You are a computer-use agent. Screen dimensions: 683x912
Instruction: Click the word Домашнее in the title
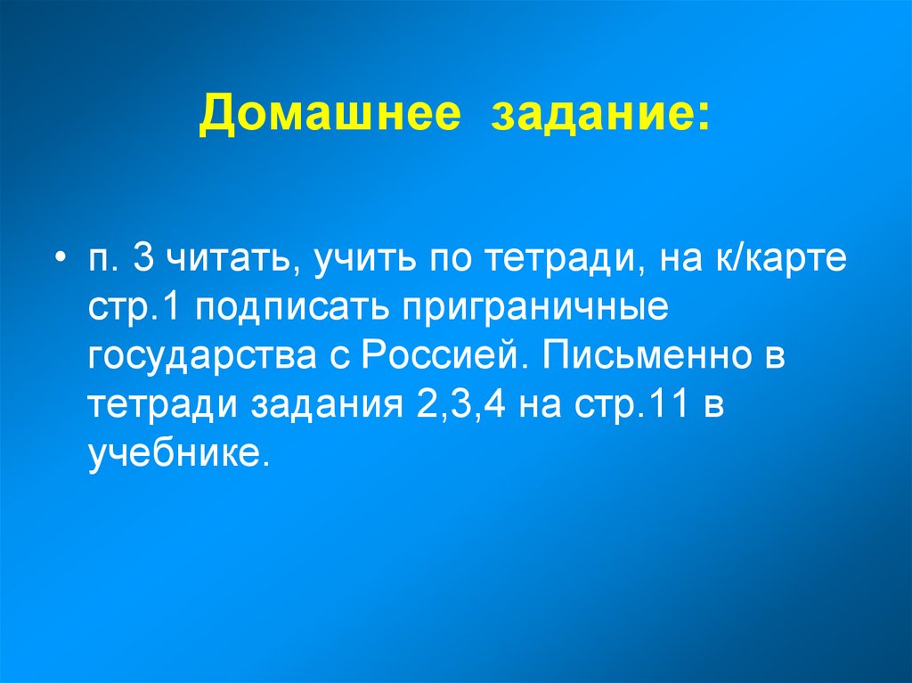(330, 117)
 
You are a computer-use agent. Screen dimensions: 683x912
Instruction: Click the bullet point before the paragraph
(58, 260)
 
